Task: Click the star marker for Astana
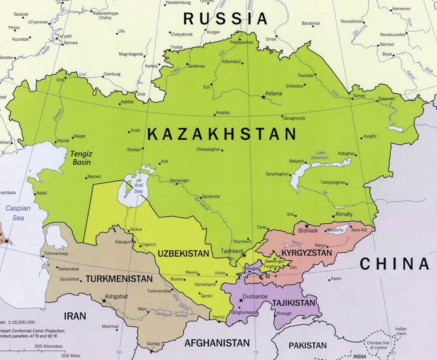pos(263,97)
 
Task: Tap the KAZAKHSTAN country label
pos(222,134)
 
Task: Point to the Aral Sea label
pos(139,188)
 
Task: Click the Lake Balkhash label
pos(322,155)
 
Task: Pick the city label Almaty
pos(344,214)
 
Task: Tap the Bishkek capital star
pos(307,226)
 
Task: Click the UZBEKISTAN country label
pos(183,254)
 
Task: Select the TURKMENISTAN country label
pos(119,279)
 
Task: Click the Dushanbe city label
pos(255,297)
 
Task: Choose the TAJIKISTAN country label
pos(294,303)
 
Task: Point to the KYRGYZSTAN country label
pos(306,253)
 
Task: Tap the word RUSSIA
pos(226,18)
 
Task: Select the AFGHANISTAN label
pos(217,342)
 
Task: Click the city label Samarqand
pos(205,285)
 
